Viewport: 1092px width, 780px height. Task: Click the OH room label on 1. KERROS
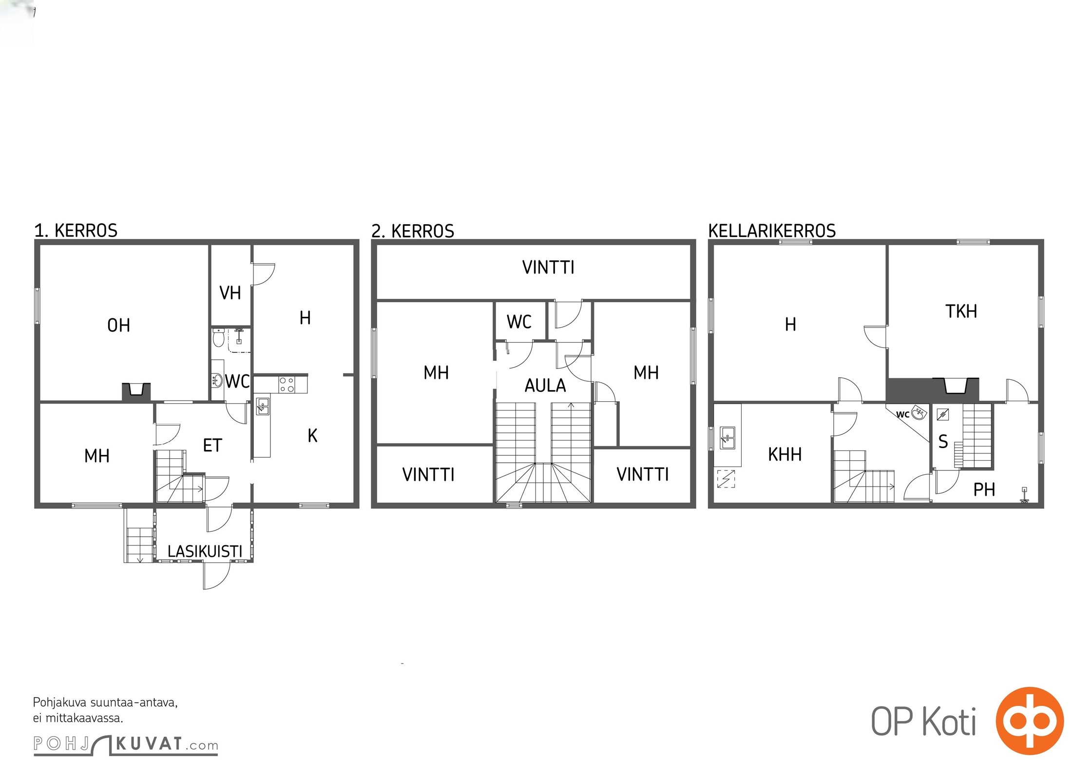coord(118,325)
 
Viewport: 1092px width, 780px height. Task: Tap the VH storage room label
coord(230,293)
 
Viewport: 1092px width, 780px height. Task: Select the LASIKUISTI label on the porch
coord(205,551)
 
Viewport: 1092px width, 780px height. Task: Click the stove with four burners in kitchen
coord(287,385)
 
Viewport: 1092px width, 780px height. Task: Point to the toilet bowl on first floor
coord(218,337)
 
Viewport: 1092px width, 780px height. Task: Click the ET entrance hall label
coord(212,445)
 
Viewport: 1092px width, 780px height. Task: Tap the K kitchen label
coord(312,435)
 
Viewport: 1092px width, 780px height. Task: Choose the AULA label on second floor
coord(545,386)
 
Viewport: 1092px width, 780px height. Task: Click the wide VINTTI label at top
coord(548,267)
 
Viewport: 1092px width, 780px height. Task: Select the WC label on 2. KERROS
coord(519,322)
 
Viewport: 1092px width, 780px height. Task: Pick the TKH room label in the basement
coord(961,311)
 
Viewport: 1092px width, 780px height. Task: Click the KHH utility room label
coord(785,454)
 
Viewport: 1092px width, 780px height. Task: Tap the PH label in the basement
coord(984,489)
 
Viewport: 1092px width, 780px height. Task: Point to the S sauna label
coord(943,442)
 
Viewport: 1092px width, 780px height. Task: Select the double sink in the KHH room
coord(728,437)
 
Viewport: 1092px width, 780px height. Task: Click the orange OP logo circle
coord(1029,721)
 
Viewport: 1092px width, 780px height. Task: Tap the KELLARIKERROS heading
coord(772,231)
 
